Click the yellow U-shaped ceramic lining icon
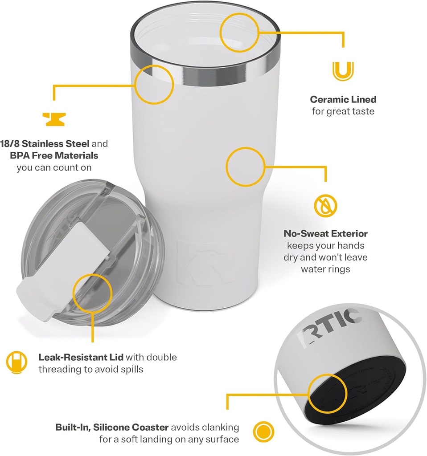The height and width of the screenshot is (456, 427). pos(343,71)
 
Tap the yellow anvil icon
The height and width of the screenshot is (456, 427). pos(54,119)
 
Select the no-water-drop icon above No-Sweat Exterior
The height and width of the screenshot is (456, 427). pos(325,205)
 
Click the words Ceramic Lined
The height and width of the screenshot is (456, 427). pos(343,99)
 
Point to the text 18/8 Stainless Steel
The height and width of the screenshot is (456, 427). pos(45,144)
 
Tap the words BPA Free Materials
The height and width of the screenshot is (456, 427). pos(54,156)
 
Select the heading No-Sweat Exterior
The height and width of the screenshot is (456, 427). pos(325,233)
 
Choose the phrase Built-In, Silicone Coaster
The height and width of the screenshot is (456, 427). pos(112,427)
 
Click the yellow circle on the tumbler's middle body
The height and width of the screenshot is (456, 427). pos(245,167)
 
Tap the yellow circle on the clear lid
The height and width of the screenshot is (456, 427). pos(92,293)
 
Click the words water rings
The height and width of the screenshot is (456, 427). pos(325,269)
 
